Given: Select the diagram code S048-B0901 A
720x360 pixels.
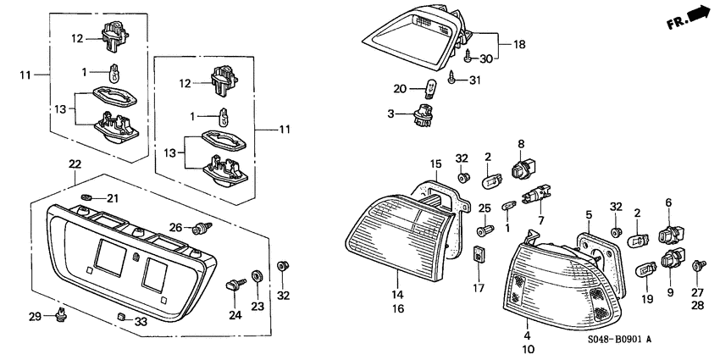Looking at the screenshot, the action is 619,340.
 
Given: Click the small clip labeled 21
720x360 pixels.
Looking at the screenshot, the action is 86,197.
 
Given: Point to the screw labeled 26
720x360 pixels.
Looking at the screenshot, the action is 202,228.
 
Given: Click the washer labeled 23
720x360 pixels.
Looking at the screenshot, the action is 257,276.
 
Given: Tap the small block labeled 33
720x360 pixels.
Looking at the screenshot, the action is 121,317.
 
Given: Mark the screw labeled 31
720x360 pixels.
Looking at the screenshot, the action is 452,80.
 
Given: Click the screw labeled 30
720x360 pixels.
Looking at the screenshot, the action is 468,58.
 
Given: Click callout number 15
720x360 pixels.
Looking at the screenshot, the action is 435,163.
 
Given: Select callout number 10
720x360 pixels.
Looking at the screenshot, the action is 529,349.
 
